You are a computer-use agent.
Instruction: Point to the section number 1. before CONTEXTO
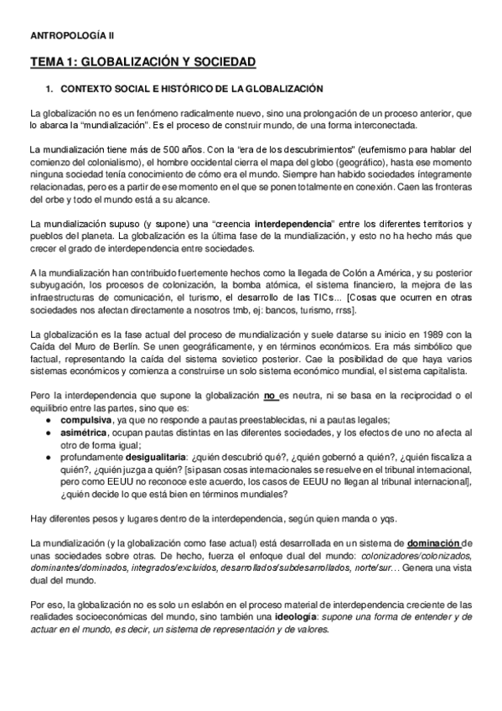[x=49, y=88]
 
